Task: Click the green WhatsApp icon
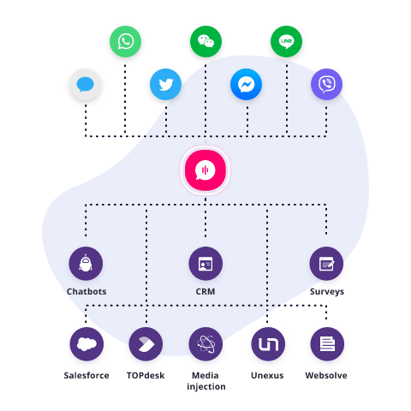click(x=125, y=41)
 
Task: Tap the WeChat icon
click(x=205, y=41)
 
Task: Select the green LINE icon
click(x=286, y=41)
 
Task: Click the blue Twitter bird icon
click(x=165, y=84)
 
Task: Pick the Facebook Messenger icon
click(x=246, y=84)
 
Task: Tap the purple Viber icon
click(x=326, y=84)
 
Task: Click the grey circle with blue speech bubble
click(x=85, y=84)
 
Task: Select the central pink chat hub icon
click(x=205, y=170)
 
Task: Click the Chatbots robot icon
click(x=86, y=264)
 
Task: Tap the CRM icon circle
click(x=205, y=264)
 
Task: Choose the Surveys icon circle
click(x=326, y=264)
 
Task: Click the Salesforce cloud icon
click(x=86, y=344)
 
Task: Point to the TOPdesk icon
click(x=146, y=344)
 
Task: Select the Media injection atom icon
click(x=205, y=344)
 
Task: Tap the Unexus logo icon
click(x=268, y=344)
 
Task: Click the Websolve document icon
click(x=327, y=344)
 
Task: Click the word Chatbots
click(x=86, y=291)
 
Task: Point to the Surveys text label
click(x=327, y=292)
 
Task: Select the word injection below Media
click(x=206, y=387)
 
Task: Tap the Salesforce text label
click(x=86, y=375)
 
